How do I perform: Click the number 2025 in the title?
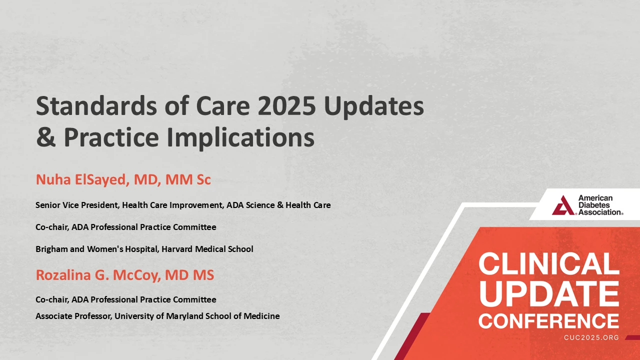click(288, 105)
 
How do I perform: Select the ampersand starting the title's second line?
click(45, 137)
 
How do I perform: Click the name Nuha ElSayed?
click(81, 179)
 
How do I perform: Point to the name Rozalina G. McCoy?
click(96, 275)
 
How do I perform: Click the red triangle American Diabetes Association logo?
click(563, 205)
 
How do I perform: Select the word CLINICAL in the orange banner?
click(549, 263)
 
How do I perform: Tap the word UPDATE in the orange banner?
click(549, 293)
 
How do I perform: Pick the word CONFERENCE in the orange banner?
click(549, 321)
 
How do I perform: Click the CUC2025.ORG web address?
click(591, 337)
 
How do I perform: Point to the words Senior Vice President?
click(77, 205)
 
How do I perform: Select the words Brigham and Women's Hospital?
click(97, 249)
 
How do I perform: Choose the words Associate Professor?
click(73, 316)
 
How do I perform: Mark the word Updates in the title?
click(374, 106)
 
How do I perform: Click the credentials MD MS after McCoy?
click(189, 275)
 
